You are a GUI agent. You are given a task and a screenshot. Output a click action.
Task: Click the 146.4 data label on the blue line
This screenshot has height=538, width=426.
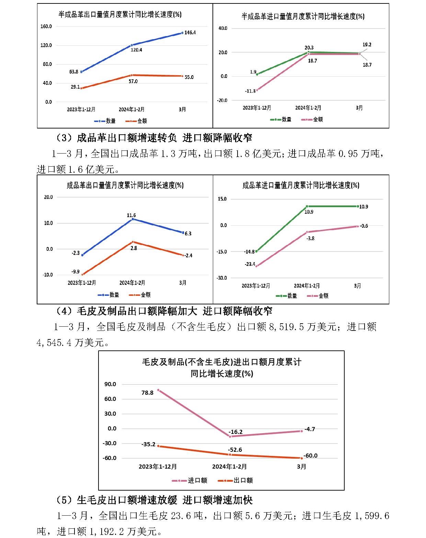click(190, 33)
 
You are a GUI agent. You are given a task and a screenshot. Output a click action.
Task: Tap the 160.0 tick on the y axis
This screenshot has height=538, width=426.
click(46, 26)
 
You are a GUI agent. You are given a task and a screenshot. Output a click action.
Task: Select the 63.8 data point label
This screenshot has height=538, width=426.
click(73, 72)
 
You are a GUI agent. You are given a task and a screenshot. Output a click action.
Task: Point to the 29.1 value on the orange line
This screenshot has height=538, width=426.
click(75, 87)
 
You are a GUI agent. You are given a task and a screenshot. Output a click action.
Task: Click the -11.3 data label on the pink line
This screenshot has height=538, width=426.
click(250, 91)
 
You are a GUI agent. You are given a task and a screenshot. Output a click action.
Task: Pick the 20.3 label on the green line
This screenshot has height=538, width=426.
click(309, 48)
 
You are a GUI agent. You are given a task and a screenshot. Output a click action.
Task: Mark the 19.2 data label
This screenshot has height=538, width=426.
click(367, 45)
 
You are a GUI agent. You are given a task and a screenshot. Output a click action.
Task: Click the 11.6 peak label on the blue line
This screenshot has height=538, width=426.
click(131, 215)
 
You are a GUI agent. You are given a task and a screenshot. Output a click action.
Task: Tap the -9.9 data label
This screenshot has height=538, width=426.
click(75, 271)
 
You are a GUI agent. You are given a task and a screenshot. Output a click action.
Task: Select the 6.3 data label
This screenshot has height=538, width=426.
click(188, 234)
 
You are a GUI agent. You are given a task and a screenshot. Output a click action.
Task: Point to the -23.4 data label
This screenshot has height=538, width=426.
click(250, 264)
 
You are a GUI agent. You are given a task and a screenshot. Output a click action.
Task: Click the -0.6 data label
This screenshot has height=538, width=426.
click(364, 226)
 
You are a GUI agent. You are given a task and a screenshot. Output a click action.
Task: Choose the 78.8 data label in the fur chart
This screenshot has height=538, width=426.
click(147, 393)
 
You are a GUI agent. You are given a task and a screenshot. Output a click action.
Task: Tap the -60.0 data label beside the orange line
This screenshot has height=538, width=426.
click(310, 456)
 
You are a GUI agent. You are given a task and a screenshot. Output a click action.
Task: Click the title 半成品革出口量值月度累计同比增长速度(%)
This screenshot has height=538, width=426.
click(120, 14)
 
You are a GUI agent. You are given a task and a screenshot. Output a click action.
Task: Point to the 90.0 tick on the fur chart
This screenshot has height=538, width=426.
click(110, 384)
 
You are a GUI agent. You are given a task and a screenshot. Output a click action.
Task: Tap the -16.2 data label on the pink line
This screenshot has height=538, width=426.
click(235, 432)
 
